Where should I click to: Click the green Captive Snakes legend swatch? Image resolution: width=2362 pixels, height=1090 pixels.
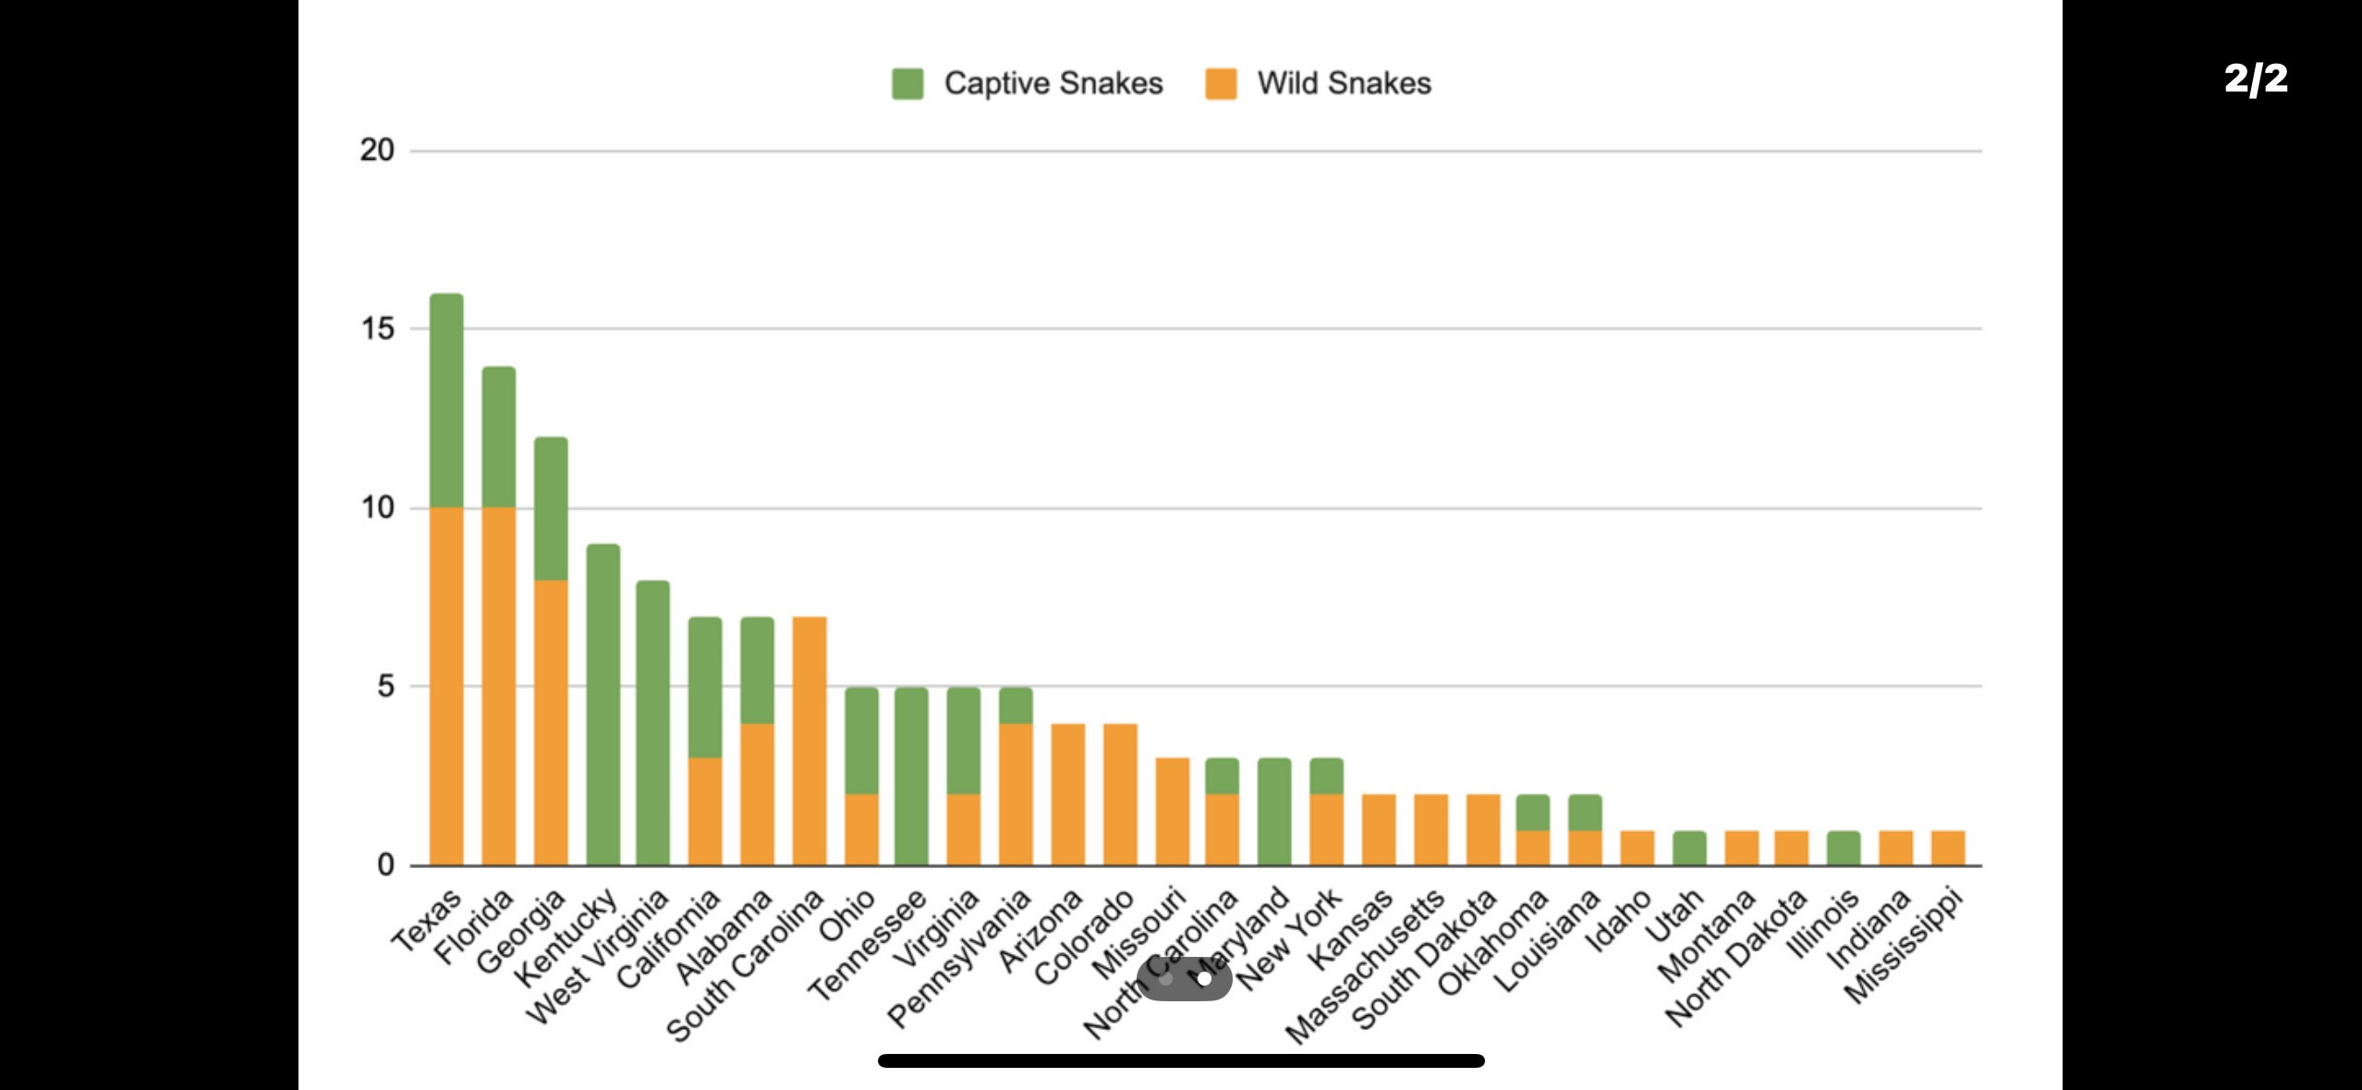[x=907, y=83]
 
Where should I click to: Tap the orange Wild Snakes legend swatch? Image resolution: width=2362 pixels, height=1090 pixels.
[x=1221, y=83]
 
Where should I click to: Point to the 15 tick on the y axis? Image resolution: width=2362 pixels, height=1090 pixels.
[x=377, y=328]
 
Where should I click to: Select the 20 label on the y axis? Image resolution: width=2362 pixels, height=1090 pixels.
[x=377, y=150]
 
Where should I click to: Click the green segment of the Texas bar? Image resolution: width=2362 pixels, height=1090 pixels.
[x=446, y=400]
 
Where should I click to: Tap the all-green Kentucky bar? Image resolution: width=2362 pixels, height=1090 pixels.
[x=603, y=704]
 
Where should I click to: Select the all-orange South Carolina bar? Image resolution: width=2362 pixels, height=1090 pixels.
[x=810, y=741]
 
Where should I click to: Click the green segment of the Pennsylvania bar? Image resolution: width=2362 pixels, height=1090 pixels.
[x=1016, y=705]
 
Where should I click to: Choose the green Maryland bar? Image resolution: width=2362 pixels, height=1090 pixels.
[x=1274, y=812]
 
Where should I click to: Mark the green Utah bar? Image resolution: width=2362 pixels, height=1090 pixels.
[x=1689, y=848]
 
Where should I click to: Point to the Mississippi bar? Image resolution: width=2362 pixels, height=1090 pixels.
[x=1948, y=848]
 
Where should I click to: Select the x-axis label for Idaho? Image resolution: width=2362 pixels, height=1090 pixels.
[x=1619, y=919]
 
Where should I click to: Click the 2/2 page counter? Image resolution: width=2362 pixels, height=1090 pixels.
[x=2256, y=79]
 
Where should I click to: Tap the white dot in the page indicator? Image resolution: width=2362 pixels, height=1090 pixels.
[x=1204, y=978]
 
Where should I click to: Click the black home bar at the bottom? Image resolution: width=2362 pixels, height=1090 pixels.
[x=1181, y=1060]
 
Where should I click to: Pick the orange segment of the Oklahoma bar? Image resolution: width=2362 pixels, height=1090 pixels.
[x=1533, y=848]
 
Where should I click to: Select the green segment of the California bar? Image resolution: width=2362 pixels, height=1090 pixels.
[x=705, y=687]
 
